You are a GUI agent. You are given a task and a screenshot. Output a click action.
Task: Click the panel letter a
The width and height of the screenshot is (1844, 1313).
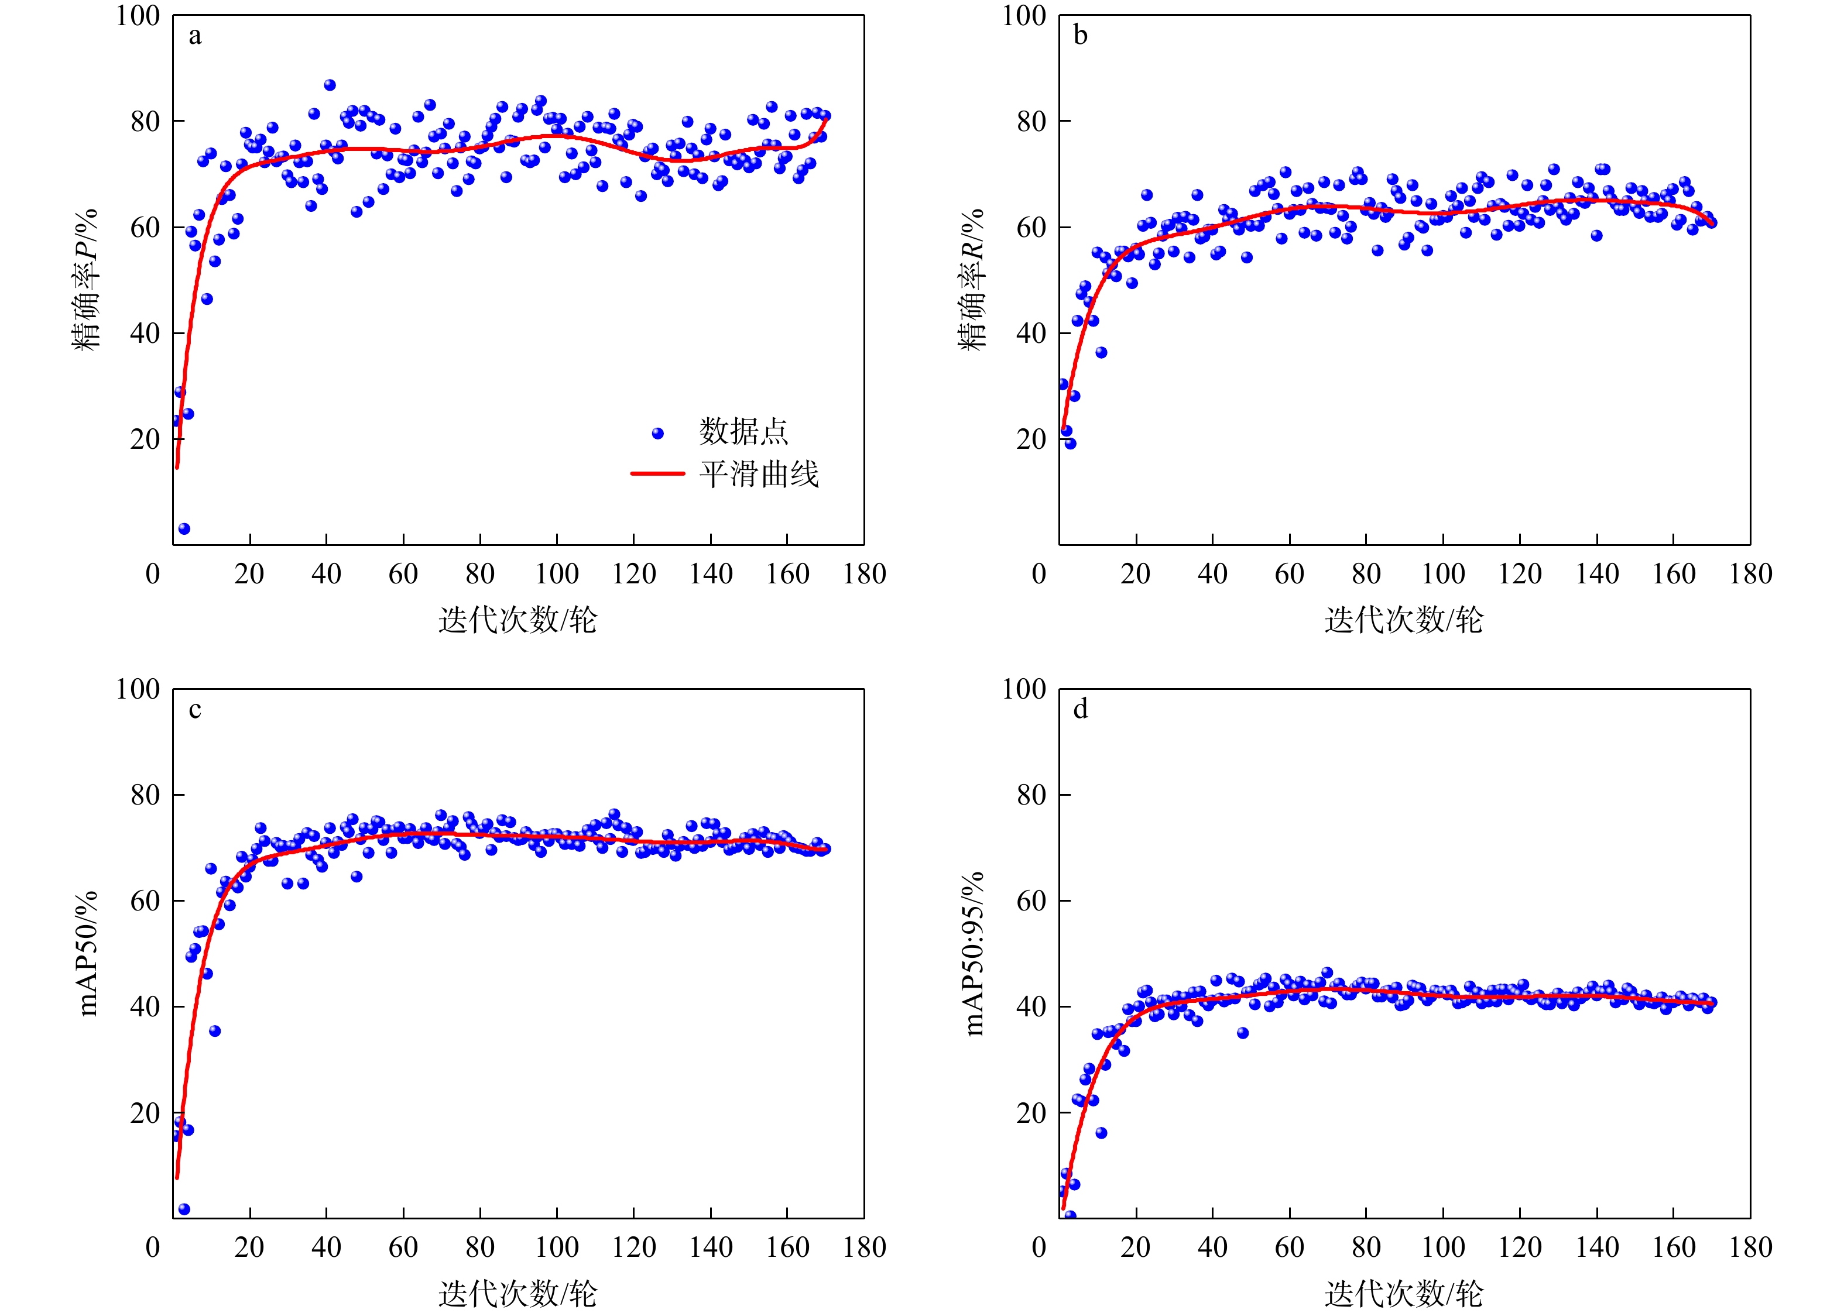pyautogui.click(x=195, y=36)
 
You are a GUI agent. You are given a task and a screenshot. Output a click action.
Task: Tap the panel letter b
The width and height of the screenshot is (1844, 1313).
pyautogui.click(x=1081, y=35)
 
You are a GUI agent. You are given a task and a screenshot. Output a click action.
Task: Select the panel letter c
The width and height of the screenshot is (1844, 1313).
pyautogui.click(x=195, y=710)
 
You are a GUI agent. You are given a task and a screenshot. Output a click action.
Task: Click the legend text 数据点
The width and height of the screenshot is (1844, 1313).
pyautogui.click(x=743, y=432)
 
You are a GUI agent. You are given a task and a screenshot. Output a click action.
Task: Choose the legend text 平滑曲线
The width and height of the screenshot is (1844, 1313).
pyautogui.click(x=759, y=474)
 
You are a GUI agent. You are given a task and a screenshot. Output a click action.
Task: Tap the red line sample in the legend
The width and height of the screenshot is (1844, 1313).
pyautogui.click(x=657, y=474)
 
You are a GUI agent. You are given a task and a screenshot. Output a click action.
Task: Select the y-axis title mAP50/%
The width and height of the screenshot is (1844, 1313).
pyautogui.click(x=87, y=953)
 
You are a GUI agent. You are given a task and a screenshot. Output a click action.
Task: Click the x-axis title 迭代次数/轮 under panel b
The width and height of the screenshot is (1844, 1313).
pyautogui.click(x=1404, y=620)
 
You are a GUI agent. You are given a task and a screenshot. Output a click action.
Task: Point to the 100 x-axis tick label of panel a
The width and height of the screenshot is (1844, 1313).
pyautogui.click(x=557, y=574)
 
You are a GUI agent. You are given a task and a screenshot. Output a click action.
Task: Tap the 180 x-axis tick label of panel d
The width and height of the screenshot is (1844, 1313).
pyautogui.click(x=1750, y=1247)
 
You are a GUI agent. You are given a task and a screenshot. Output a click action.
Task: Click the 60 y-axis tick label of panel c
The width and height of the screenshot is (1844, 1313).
pyautogui.click(x=146, y=900)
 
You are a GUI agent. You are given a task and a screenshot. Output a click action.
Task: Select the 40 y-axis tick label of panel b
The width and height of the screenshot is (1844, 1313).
pyautogui.click(x=1031, y=333)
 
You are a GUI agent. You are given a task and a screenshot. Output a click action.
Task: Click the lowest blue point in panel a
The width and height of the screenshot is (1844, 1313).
pyautogui.click(x=184, y=529)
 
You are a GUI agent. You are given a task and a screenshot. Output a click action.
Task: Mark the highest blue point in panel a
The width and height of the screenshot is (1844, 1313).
pyautogui.click(x=329, y=85)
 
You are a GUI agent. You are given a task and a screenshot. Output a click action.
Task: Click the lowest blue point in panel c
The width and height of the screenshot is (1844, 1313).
pyautogui.click(x=184, y=1209)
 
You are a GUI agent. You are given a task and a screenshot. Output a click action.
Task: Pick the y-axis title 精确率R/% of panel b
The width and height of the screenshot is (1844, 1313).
pyautogui.click(x=972, y=279)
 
